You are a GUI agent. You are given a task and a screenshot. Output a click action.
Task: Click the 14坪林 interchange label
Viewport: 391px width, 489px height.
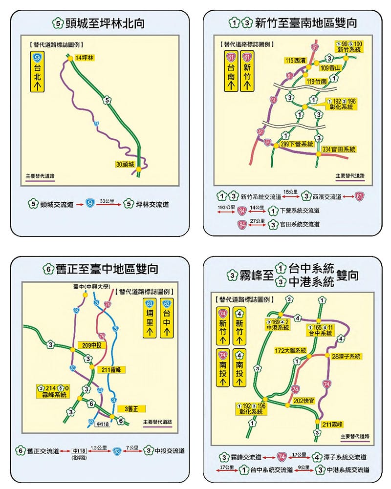coord(85,58)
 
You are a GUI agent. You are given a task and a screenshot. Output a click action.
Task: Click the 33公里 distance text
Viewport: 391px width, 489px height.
coord(107,201)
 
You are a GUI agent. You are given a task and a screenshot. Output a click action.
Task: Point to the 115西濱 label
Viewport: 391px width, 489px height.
coord(296,60)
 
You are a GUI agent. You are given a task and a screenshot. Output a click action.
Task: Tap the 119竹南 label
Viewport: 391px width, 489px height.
coord(316,82)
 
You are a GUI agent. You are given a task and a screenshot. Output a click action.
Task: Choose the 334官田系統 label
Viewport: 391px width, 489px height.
coord(339,149)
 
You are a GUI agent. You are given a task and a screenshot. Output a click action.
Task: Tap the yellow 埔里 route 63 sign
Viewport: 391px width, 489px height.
coord(150,319)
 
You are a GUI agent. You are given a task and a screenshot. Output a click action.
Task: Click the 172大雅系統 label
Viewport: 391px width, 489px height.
coord(290,350)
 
